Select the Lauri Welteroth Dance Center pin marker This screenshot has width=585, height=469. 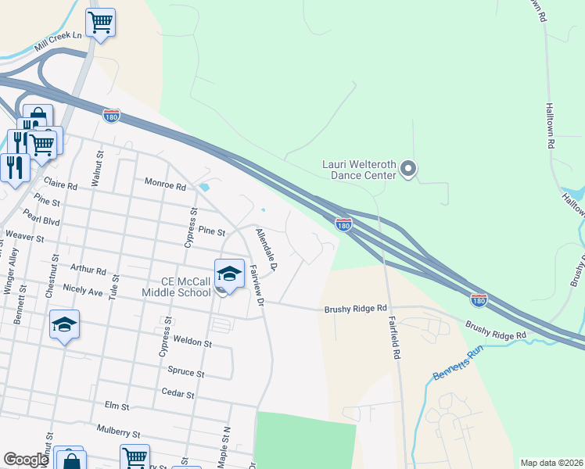(408, 169)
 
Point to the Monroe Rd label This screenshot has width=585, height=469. (165, 186)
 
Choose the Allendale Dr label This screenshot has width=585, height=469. (267, 249)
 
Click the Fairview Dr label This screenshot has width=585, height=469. (256, 285)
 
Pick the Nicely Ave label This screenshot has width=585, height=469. (84, 291)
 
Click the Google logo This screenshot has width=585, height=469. (26, 460)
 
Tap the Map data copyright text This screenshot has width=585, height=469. (551, 463)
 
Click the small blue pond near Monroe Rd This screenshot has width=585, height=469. (205, 188)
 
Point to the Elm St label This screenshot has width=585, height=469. (117, 407)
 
